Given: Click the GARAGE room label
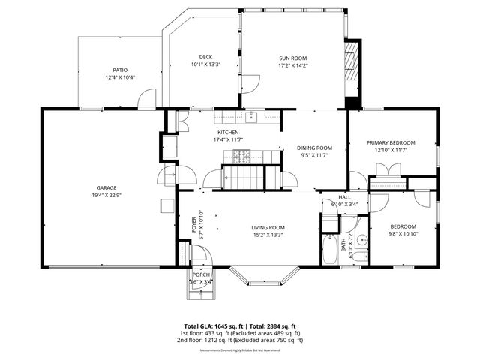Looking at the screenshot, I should click(106, 188).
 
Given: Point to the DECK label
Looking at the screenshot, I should click(205, 57).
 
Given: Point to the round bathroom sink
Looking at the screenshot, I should click(361, 241).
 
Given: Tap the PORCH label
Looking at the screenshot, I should click(201, 274).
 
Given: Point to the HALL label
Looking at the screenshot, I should click(344, 196).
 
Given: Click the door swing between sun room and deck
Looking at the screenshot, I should click(252, 82).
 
